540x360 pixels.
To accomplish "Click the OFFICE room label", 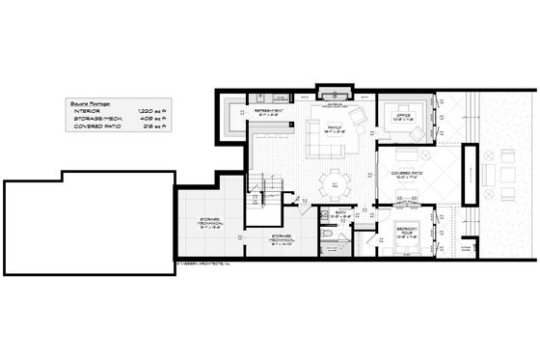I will pos(404,116).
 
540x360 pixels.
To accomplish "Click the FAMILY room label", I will pos(337,126).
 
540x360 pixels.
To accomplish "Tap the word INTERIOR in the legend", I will pos(88,111).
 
